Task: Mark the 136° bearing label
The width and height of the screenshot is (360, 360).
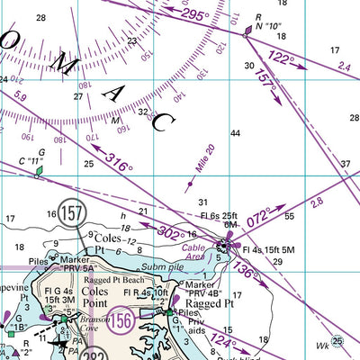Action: point(246,266)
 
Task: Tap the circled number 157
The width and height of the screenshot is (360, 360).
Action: point(72,214)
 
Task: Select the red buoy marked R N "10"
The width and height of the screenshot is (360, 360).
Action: point(248,32)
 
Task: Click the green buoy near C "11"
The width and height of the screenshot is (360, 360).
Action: point(38,170)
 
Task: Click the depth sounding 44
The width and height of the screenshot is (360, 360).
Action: point(235,133)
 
